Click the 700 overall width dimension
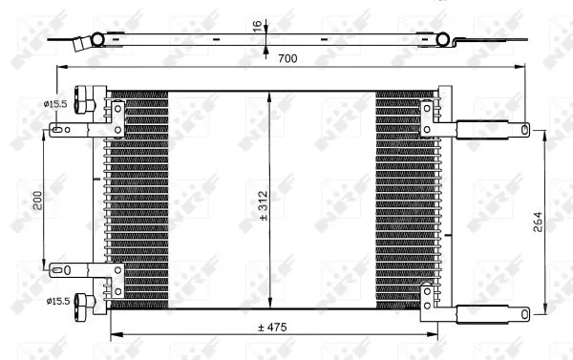(287, 59)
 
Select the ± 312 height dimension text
(265, 201)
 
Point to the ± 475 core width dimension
(273, 328)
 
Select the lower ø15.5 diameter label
(55, 303)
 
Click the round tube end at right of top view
(441, 39)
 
